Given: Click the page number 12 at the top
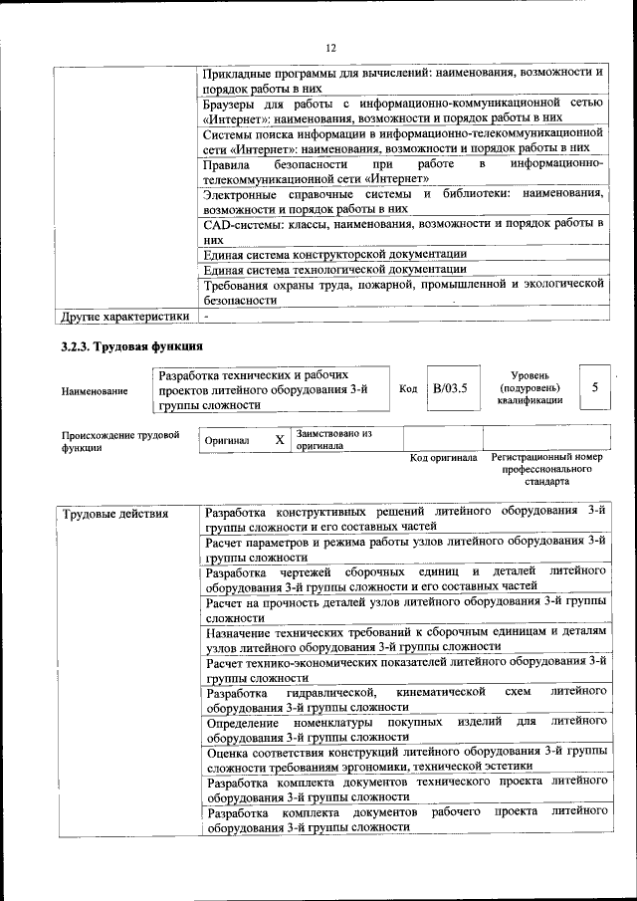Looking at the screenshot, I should pyautogui.click(x=330, y=47).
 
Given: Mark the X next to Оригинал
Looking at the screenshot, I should pyautogui.click(x=279, y=439).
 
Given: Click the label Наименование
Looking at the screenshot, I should pyautogui.click(x=95, y=391).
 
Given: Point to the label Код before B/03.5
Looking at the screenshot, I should pyautogui.click(x=408, y=388).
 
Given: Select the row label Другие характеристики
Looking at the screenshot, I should pyautogui.click(x=124, y=317).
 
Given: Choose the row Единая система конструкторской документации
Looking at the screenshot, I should pyautogui.click(x=334, y=254).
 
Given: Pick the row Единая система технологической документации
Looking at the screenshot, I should pyautogui.click(x=334, y=269).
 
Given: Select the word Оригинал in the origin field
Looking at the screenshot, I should pyautogui.click(x=227, y=440).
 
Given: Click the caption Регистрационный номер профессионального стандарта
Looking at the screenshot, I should pyautogui.click(x=546, y=469).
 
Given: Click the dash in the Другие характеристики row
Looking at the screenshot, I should pyautogui.click(x=207, y=317).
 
